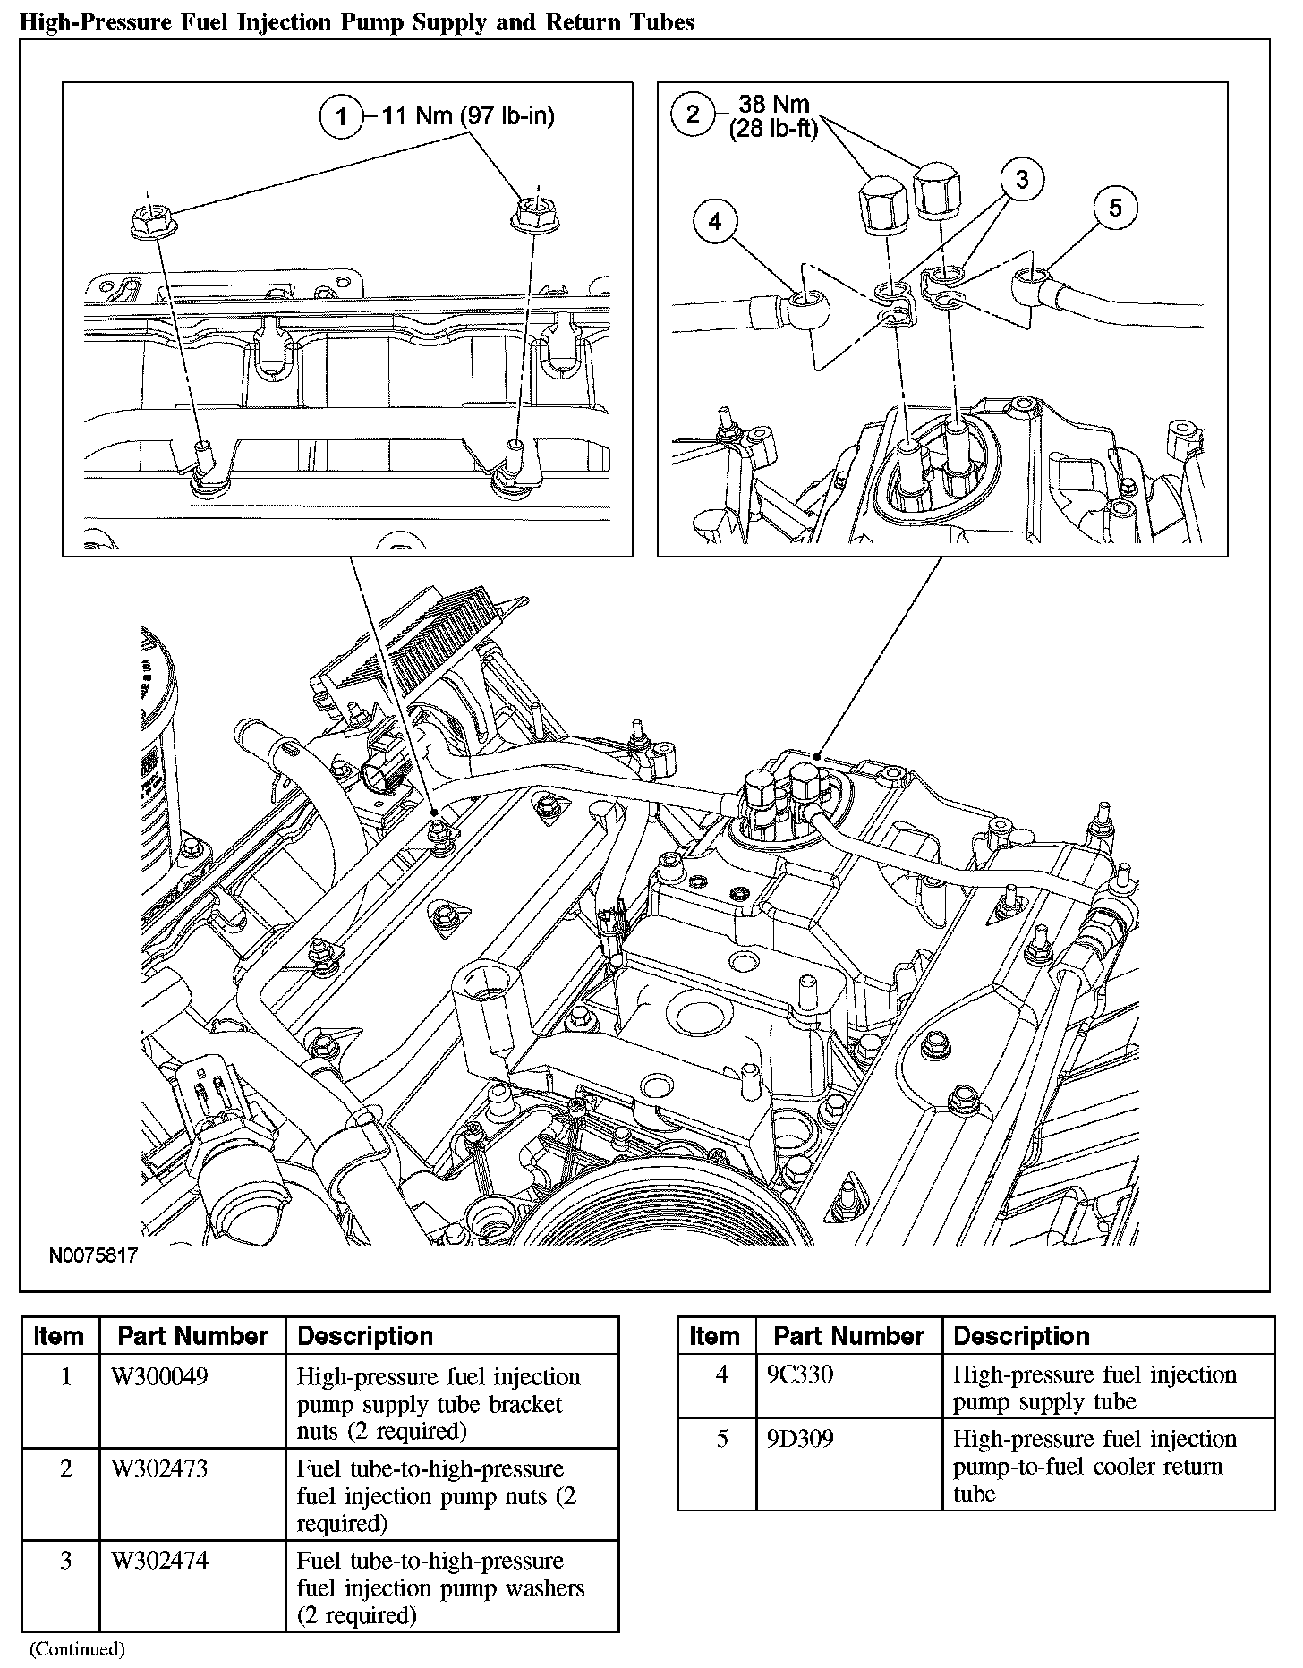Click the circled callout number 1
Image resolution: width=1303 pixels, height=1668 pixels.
[x=340, y=117]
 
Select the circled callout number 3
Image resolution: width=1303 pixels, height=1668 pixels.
[x=1022, y=180]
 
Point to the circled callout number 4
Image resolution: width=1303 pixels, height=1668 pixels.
[x=715, y=221]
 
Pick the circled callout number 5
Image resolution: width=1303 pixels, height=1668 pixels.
[x=1114, y=208]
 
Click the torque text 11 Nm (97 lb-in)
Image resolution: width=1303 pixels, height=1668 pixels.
[x=468, y=116]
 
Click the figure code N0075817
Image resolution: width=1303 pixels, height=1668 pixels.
[x=93, y=1255]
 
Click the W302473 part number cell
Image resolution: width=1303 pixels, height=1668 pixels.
[x=159, y=1468]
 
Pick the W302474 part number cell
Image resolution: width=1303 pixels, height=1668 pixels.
[x=159, y=1561]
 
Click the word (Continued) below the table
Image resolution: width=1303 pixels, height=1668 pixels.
[x=77, y=1647]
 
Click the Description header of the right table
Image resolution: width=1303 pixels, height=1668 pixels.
[x=1021, y=1336]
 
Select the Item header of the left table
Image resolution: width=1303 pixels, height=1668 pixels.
[x=58, y=1336]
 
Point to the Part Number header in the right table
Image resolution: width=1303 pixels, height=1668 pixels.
[x=848, y=1336]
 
